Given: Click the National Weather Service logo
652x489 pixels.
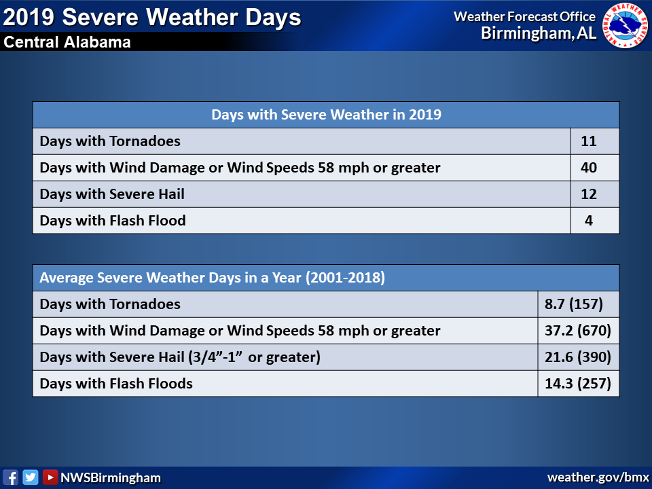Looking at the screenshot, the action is coord(626,25).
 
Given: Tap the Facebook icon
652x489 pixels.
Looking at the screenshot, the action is coord(10,477).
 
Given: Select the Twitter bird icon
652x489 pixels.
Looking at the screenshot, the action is coord(31,477).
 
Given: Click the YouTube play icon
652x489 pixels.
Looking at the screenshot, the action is coord(50,477).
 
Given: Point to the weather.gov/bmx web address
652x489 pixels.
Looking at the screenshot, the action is coord(598,477).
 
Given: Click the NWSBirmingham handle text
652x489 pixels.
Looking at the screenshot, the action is coord(111,477).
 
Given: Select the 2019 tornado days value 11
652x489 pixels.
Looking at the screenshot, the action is coord(589,141).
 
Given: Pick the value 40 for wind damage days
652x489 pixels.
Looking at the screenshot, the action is coord(589,168).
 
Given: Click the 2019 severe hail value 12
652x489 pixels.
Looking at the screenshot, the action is coord(589,194).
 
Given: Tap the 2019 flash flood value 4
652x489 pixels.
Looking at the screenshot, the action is coord(589,220).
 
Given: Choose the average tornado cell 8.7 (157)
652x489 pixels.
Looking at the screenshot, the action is coord(574,304).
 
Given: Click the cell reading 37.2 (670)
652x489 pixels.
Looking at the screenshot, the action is coord(578,331).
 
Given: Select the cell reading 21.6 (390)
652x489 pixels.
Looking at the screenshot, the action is coord(578,357).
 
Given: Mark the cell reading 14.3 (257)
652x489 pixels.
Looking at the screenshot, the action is coord(578,383).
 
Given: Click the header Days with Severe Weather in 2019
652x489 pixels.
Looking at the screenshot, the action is coord(327,115).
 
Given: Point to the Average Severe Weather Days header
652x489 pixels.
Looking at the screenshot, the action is coord(212,278).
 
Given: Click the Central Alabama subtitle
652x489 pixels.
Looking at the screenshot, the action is coord(67,42).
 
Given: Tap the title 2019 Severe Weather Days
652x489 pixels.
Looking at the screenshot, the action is coord(151,18).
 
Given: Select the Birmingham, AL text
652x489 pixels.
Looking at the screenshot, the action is coord(539,33).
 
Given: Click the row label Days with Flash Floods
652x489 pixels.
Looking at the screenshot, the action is coord(116,383).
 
